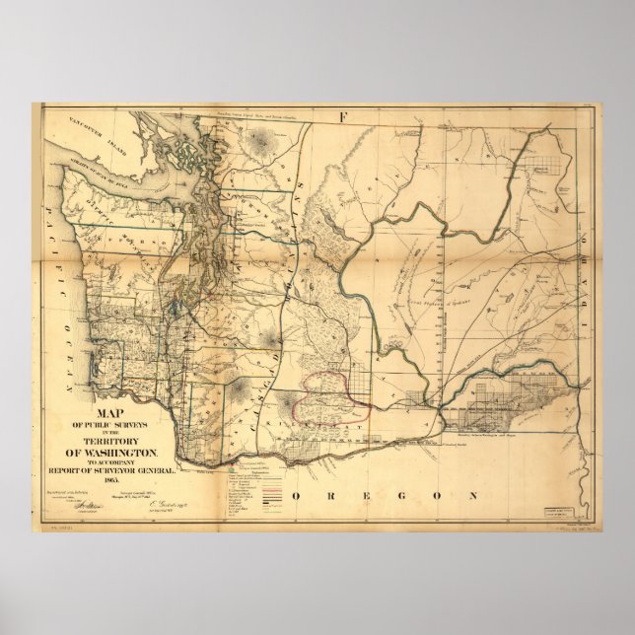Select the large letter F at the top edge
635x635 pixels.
[343, 117]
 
